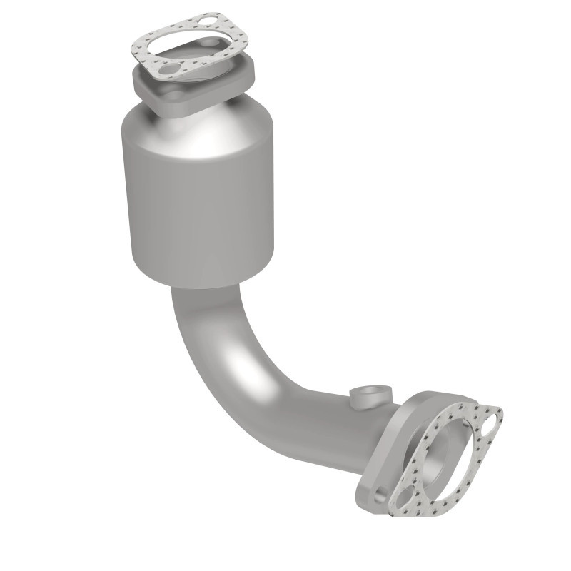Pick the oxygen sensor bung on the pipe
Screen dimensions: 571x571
click(371, 395)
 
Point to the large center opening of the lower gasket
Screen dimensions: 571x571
click(446, 460)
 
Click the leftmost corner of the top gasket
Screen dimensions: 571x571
click(133, 51)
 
